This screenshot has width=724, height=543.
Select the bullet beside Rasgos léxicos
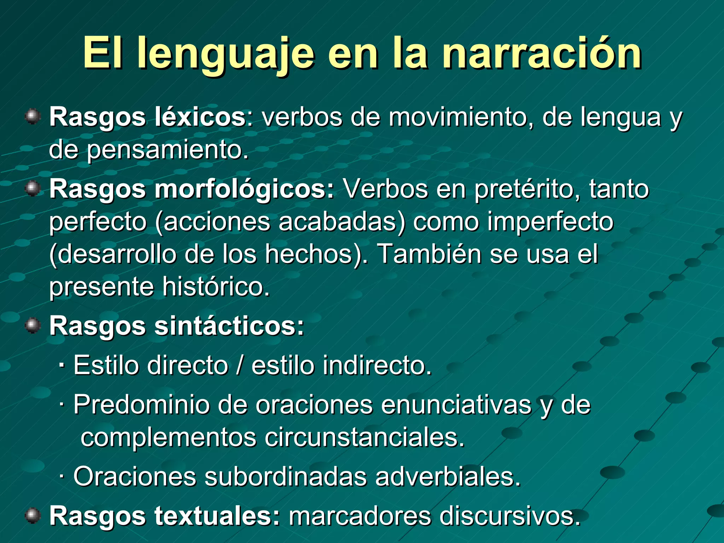(33, 116)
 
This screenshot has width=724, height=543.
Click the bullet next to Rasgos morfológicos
(33, 188)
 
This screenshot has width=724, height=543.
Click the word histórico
(215, 286)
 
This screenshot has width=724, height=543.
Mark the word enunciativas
(456, 404)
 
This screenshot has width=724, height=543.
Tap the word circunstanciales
(364, 438)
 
